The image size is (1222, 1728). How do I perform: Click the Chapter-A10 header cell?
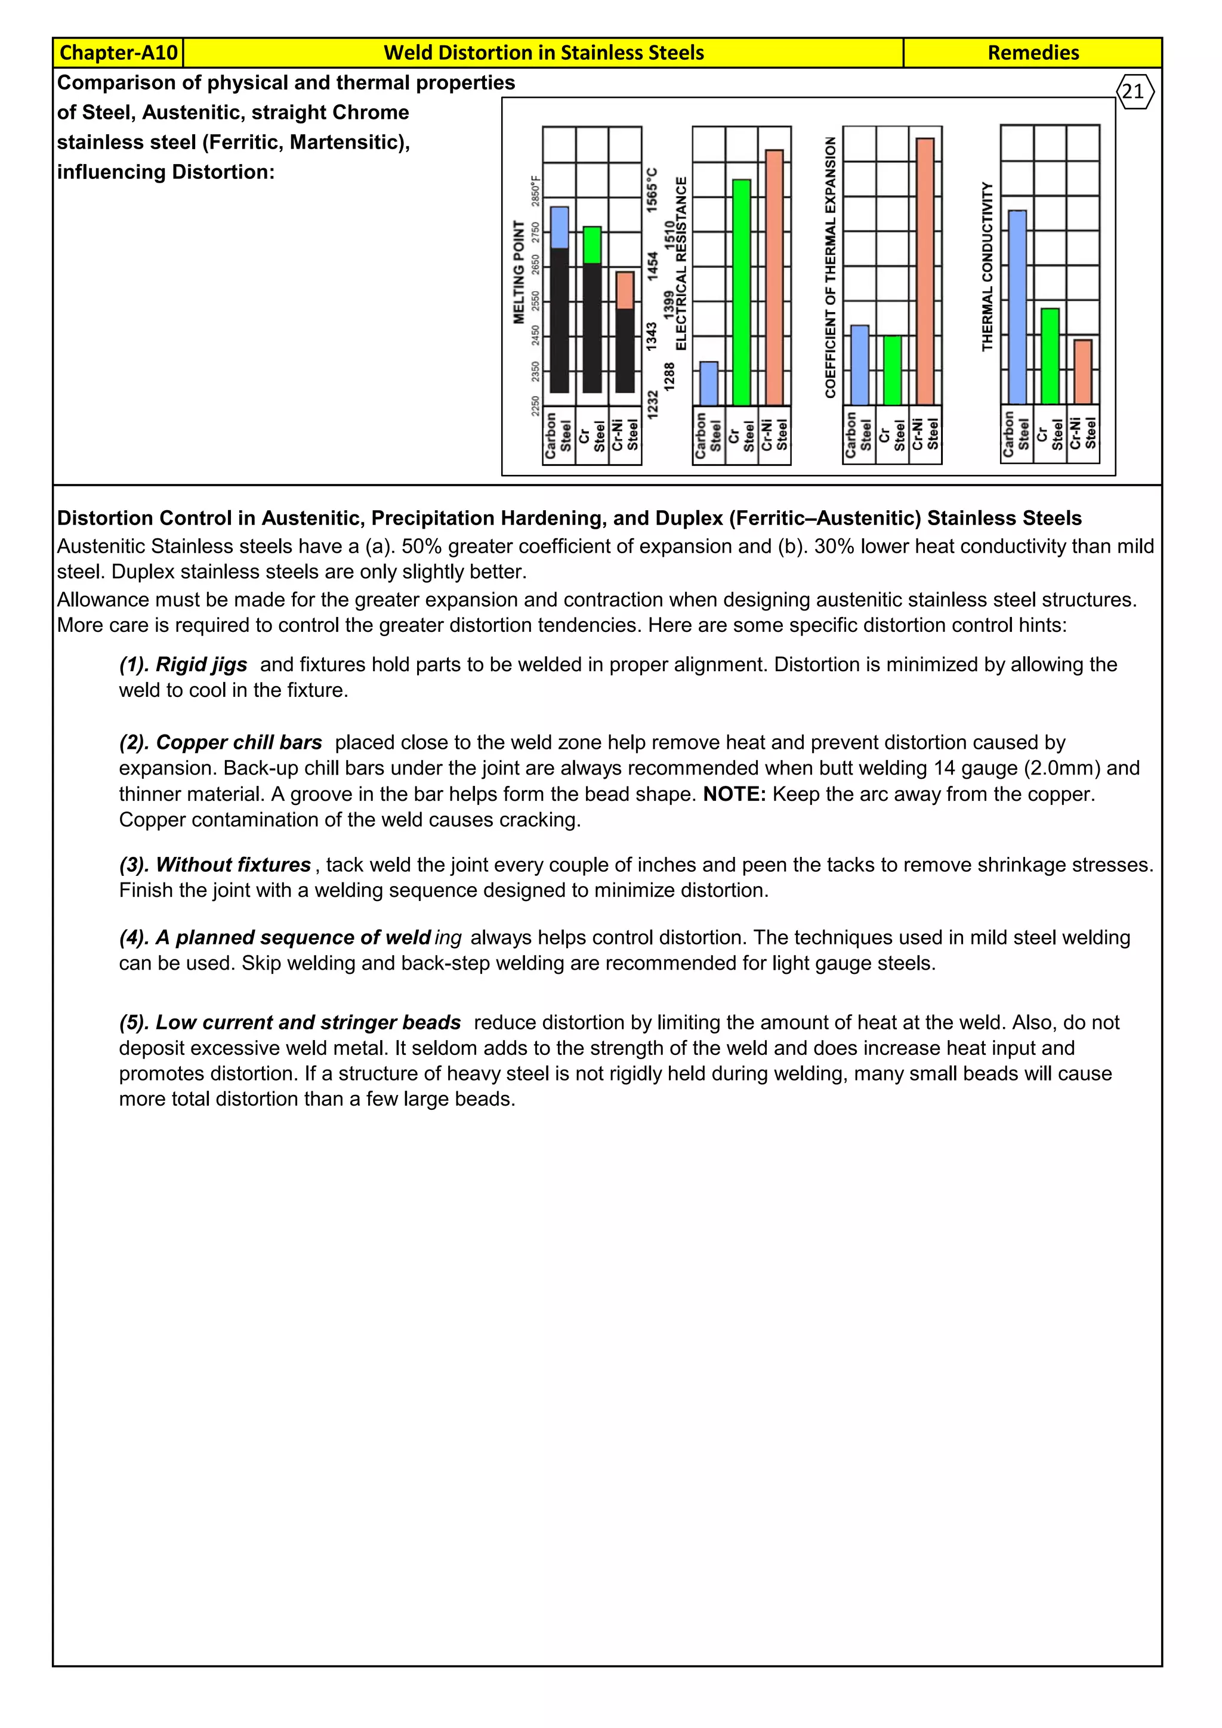[118, 53]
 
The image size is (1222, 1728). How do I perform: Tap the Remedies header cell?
[1032, 53]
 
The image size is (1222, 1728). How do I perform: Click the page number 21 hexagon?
[1134, 92]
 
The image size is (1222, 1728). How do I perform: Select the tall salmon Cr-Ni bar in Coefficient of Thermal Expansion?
[925, 271]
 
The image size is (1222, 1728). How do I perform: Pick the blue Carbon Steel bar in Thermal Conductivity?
[1017, 307]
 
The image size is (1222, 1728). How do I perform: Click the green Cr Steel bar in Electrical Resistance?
[741, 292]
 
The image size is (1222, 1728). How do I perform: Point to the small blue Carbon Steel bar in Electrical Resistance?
[708, 384]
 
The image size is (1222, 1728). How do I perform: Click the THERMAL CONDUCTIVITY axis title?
[988, 267]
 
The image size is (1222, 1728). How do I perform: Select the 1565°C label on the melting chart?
[652, 188]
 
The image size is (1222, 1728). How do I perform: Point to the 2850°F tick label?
[536, 190]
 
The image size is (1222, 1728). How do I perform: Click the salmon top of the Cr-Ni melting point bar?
[625, 291]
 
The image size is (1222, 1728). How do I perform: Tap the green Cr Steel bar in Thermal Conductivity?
[1050, 356]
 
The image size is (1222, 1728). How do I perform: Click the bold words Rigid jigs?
[201, 665]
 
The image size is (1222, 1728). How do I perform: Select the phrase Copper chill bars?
[239, 742]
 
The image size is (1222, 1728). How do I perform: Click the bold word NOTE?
[734, 794]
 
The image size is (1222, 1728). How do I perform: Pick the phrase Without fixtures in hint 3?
[233, 865]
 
